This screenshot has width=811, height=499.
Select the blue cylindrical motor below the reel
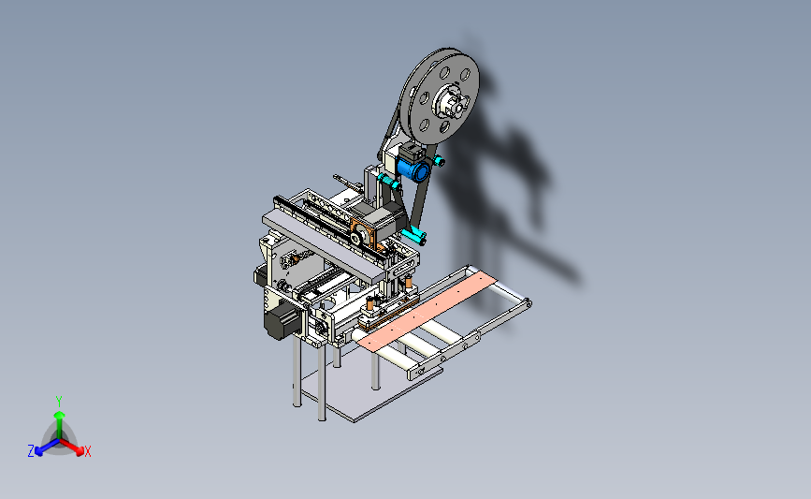tap(413, 169)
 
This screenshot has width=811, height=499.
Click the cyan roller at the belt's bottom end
tap(413, 237)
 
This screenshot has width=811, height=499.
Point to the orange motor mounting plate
tap(366, 234)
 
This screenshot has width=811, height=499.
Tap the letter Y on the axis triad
tap(58, 402)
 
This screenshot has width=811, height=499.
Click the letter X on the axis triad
tap(87, 451)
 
